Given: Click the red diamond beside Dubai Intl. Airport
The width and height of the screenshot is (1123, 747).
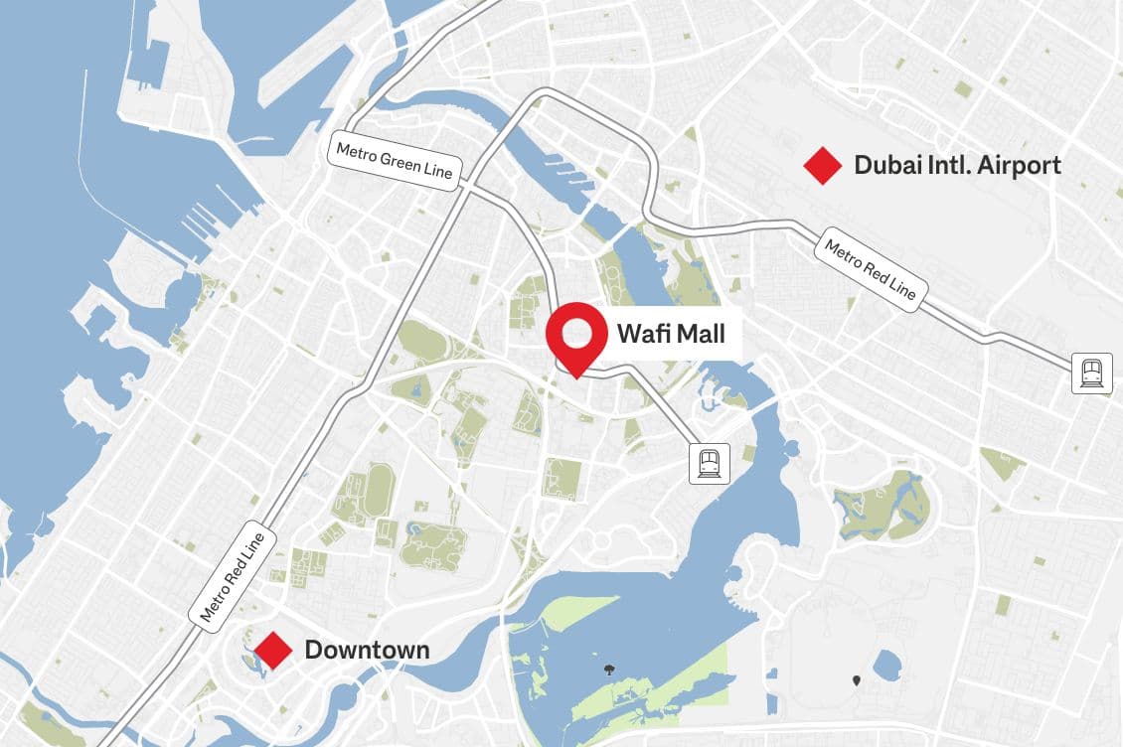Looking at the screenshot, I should [823, 166].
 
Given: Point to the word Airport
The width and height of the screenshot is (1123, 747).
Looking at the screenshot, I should [1020, 165].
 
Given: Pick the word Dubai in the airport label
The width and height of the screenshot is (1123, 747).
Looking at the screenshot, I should [884, 165].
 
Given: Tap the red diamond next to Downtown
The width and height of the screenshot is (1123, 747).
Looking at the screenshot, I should [273, 651].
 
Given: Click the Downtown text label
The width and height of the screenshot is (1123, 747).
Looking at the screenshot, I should [367, 651].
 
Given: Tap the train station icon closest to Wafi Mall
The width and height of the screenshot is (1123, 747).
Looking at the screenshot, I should [711, 463].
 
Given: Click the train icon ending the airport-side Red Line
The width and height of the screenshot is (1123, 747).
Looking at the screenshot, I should [1091, 373].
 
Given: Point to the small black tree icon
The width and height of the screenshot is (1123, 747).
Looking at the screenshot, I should [608, 671].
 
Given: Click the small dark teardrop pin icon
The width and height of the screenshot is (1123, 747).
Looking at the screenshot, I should [857, 680].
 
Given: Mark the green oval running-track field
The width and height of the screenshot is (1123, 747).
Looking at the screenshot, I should [379, 492].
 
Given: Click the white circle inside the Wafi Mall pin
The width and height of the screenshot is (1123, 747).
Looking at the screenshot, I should [577, 331].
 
